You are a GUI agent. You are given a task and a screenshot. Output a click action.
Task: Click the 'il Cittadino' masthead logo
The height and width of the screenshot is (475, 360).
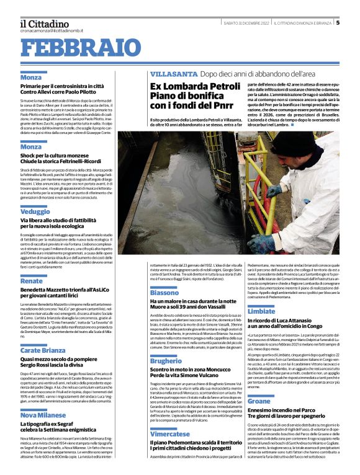pos(44,23)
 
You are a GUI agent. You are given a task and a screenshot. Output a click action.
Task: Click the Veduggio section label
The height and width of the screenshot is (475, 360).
pos(35,211)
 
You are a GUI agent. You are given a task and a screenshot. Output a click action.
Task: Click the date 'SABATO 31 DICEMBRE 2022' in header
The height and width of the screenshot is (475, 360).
pos(246,23)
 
